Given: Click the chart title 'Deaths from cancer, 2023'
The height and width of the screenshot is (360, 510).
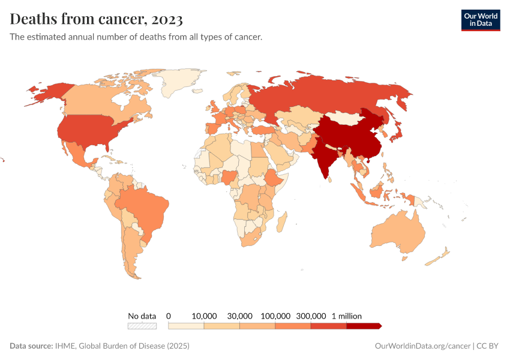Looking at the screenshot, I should (x=97, y=19).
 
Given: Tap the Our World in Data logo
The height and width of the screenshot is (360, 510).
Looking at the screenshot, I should (x=480, y=20).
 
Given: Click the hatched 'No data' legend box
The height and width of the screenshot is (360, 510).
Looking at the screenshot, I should (x=142, y=326).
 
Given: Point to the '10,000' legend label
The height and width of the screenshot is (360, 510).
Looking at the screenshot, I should (x=204, y=316).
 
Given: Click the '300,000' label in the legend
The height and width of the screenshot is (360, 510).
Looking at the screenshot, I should (x=311, y=316).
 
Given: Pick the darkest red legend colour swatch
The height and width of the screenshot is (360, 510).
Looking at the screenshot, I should (x=364, y=326).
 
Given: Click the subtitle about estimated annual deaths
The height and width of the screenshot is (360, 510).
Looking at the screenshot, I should (x=136, y=37).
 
